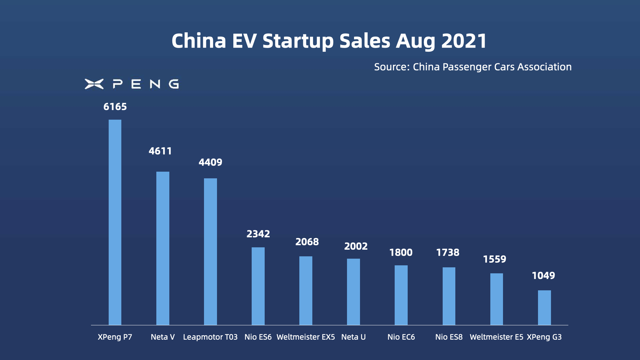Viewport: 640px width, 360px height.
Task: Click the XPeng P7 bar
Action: [x=115, y=222]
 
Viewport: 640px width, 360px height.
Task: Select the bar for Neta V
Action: [x=163, y=248]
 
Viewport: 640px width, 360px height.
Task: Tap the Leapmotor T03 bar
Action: [x=210, y=252]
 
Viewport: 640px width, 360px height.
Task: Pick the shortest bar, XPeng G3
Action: [x=544, y=308]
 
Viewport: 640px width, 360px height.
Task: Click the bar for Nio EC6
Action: [x=401, y=295]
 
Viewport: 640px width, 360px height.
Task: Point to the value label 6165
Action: [x=115, y=107]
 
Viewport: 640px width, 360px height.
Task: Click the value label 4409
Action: [x=210, y=162]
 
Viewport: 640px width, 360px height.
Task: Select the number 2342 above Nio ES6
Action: [x=258, y=234]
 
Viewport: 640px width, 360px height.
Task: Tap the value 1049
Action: [x=543, y=276]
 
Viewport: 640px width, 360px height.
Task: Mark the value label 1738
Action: [x=448, y=253]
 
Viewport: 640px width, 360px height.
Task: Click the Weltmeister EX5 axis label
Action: [x=306, y=337]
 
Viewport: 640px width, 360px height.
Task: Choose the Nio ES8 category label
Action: [x=449, y=337]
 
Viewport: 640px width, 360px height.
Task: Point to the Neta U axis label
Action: [x=353, y=337]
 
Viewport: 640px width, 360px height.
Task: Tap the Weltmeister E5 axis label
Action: [x=496, y=337]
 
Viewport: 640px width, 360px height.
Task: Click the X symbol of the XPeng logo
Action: [x=94, y=84]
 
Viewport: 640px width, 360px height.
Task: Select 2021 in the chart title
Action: [x=464, y=41]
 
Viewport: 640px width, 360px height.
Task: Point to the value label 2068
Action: [x=307, y=242]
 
